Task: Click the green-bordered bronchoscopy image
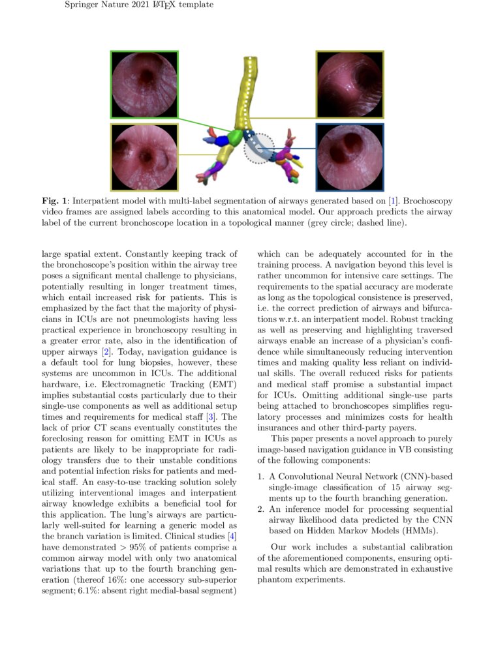(144, 85)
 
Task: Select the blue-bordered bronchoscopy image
(350, 157)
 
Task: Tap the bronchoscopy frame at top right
(350, 85)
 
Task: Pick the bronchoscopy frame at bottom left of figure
(144, 157)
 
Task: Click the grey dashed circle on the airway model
(260, 148)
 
